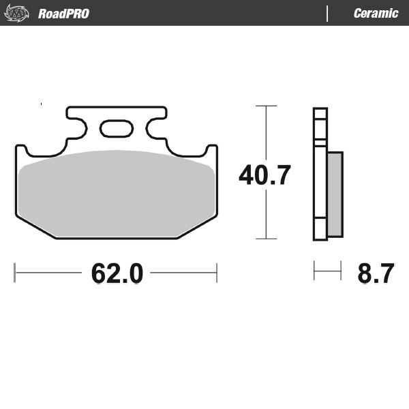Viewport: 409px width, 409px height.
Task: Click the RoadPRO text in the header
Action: click(63, 14)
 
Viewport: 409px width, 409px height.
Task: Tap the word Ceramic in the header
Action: click(376, 14)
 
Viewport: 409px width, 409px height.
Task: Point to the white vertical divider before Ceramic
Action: click(328, 14)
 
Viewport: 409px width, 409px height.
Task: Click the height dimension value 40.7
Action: click(264, 175)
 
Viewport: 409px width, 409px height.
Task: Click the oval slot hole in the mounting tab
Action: click(117, 127)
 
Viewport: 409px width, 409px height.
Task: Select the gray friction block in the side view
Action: click(335, 194)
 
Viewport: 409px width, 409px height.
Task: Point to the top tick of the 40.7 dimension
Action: click(265, 106)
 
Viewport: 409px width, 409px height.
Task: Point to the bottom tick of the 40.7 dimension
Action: click(265, 239)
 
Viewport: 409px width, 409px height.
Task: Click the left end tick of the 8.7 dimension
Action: click(314, 271)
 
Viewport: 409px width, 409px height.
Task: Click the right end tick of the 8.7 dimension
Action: click(341, 271)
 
